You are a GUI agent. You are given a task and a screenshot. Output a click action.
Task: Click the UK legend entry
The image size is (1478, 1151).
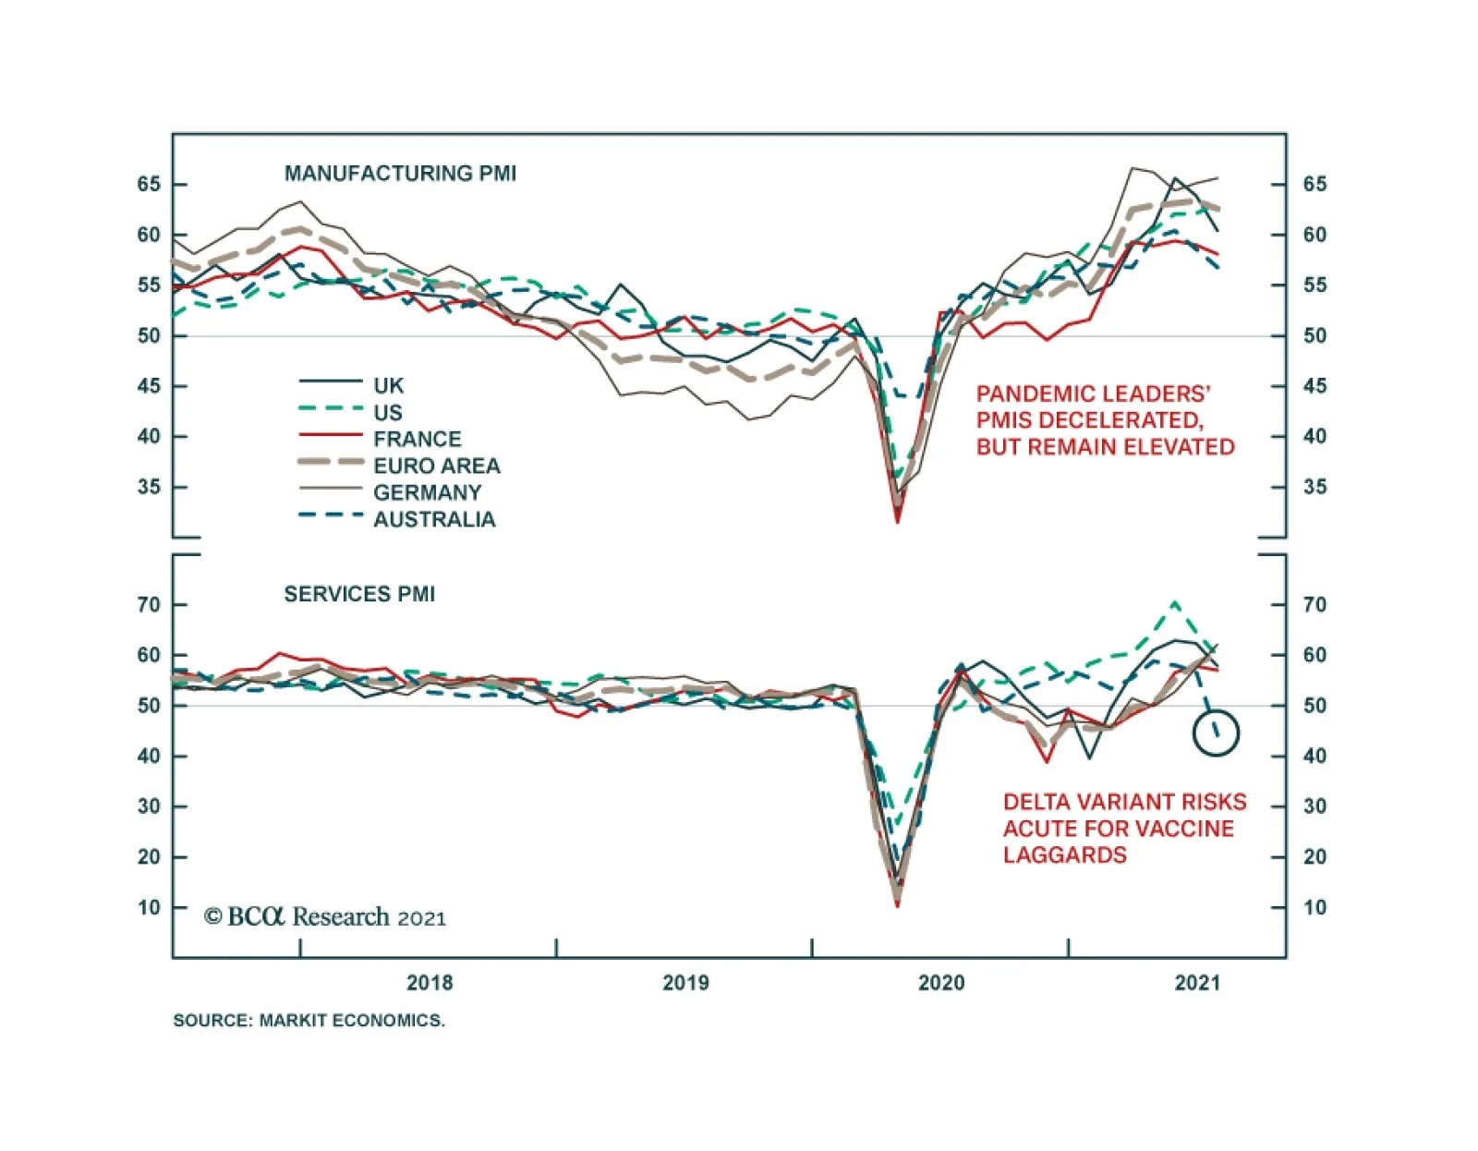[388, 385]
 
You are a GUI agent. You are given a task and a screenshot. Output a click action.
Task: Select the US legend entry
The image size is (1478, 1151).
[388, 412]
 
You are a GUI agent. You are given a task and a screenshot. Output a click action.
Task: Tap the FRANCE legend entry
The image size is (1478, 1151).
[417, 439]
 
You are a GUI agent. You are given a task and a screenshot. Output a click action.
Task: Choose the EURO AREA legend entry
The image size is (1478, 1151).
[436, 466]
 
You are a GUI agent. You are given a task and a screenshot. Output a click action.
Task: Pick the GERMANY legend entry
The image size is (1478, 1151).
[427, 492]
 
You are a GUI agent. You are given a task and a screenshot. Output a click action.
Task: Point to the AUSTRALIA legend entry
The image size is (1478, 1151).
[434, 519]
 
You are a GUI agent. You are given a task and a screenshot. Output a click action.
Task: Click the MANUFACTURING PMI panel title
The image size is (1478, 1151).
[400, 174]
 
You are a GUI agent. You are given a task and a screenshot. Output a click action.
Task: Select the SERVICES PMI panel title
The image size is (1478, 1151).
[359, 594]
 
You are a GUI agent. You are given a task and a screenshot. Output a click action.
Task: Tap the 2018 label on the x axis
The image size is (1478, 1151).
[430, 983]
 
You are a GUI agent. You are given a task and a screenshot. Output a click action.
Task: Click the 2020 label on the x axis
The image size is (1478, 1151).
[941, 983]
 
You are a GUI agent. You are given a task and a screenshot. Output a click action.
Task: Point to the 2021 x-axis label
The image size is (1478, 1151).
[1197, 983]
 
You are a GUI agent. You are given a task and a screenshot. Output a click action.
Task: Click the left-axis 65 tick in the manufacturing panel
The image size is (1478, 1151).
[149, 184]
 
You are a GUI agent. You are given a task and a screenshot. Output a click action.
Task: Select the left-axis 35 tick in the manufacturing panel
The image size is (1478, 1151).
[149, 487]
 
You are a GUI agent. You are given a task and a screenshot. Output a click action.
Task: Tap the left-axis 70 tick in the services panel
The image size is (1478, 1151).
[149, 605]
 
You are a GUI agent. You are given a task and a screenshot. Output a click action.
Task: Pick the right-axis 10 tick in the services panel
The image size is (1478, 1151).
[1314, 907]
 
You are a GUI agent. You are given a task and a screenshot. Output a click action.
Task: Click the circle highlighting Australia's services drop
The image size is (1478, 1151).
[1216, 733]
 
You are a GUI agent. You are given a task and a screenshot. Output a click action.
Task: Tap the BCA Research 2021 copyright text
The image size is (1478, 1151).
[325, 917]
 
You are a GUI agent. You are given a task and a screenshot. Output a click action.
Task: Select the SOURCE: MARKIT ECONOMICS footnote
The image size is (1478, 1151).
[309, 1021]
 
